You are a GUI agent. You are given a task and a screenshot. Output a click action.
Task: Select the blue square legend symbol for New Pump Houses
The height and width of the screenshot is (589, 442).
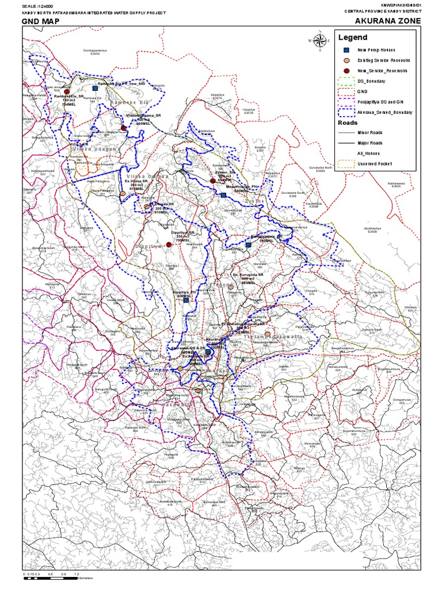click(345, 50)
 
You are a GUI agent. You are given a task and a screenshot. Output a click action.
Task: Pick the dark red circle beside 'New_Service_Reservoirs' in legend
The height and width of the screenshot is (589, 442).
click(345, 71)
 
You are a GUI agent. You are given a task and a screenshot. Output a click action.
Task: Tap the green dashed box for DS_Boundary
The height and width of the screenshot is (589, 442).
click(345, 82)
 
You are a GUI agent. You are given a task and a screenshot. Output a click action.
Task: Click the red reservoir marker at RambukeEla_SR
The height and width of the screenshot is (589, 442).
click(67, 92)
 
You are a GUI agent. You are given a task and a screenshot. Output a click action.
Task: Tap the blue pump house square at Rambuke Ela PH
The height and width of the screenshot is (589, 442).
click(96, 89)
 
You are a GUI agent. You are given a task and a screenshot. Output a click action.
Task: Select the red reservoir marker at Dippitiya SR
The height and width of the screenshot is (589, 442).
click(169, 245)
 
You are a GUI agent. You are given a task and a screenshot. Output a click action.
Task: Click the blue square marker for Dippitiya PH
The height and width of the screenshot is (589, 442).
click(186, 300)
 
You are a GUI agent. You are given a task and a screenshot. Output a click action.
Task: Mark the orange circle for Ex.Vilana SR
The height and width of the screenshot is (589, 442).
click(122, 194)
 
